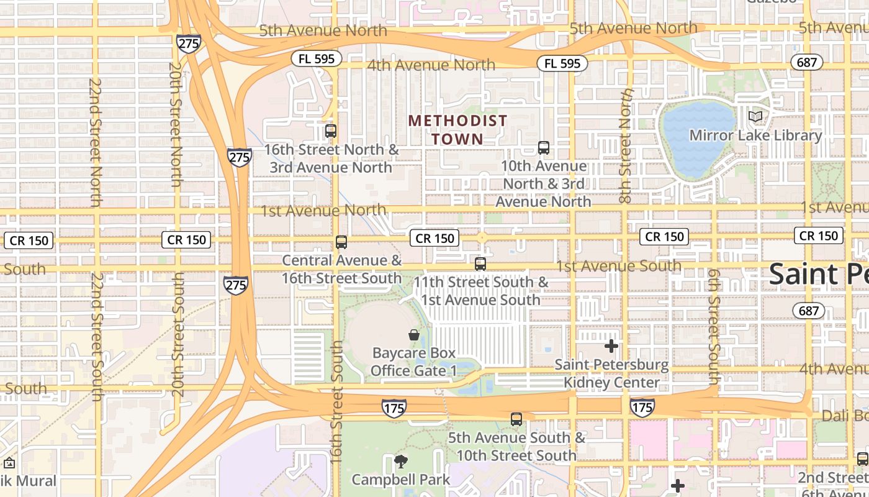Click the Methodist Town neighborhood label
(x=457, y=129)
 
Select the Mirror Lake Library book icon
(x=755, y=116)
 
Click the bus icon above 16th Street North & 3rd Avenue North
(x=331, y=131)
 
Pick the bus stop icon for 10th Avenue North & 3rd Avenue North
(x=544, y=148)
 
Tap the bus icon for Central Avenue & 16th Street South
(x=341, y=242)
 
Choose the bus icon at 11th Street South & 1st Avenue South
(x=480, y=264)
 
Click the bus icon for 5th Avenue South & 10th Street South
(x=516, y=419)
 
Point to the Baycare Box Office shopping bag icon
(x=414, y=335)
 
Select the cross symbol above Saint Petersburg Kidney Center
(x=611, y=346)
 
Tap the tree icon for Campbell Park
(x=401, y=461)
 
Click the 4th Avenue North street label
(x=431, y=65)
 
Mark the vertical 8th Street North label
(x=626, y=146)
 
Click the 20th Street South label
(x=178, y=335)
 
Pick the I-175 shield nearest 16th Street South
(x=394, y=408)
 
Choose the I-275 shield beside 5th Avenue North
(x=188, y=43)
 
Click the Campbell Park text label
(x=401, y=480)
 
